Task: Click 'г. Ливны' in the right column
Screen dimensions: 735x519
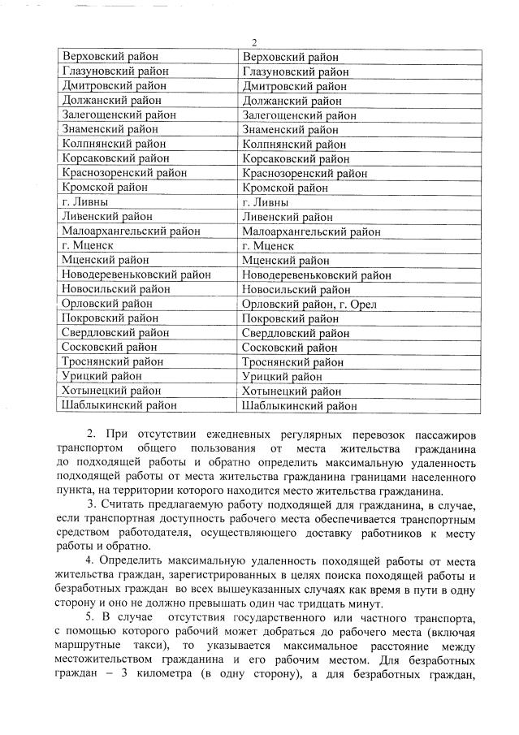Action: click(x=265, y=202)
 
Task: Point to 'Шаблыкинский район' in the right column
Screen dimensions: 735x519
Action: click(x=300, y=406)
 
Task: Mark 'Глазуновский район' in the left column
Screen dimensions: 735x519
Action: click(x=115, y=71)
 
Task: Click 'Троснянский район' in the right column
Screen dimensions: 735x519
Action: click(x=293, y=362)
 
